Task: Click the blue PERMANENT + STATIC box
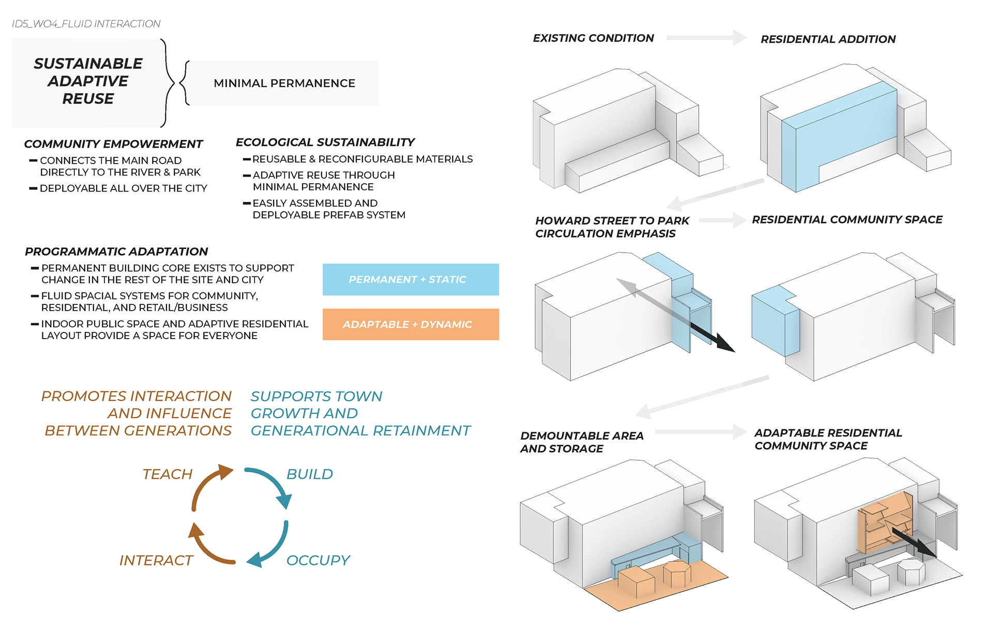(x=411, y=280)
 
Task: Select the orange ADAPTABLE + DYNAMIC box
(x=411, y=325)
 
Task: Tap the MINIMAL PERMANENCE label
(x=284, y=83)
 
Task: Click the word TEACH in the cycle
(x=167, y=474)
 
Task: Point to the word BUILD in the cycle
(x=310, y=474)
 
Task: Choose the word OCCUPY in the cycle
(x=318, y=560)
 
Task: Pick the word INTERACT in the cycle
(x=156, y=560)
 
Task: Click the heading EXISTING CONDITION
(x=593, y=38)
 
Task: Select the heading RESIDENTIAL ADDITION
(x=828, y=39)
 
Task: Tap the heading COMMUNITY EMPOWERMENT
(x=113, y=144)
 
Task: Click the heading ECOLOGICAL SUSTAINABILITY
(x=325, y=142)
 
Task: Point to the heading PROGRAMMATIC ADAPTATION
(x=116, y=252)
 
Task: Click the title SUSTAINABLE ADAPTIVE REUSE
(x=88, y=81)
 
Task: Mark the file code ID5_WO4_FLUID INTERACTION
(x=86, y=24)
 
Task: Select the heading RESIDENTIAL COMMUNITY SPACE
(x=847, y=220)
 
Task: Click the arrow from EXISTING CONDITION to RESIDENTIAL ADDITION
(x=706, y=38)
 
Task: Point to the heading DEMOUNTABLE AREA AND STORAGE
(x=582, y=442)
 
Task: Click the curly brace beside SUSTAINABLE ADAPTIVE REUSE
(x=168, y=83)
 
